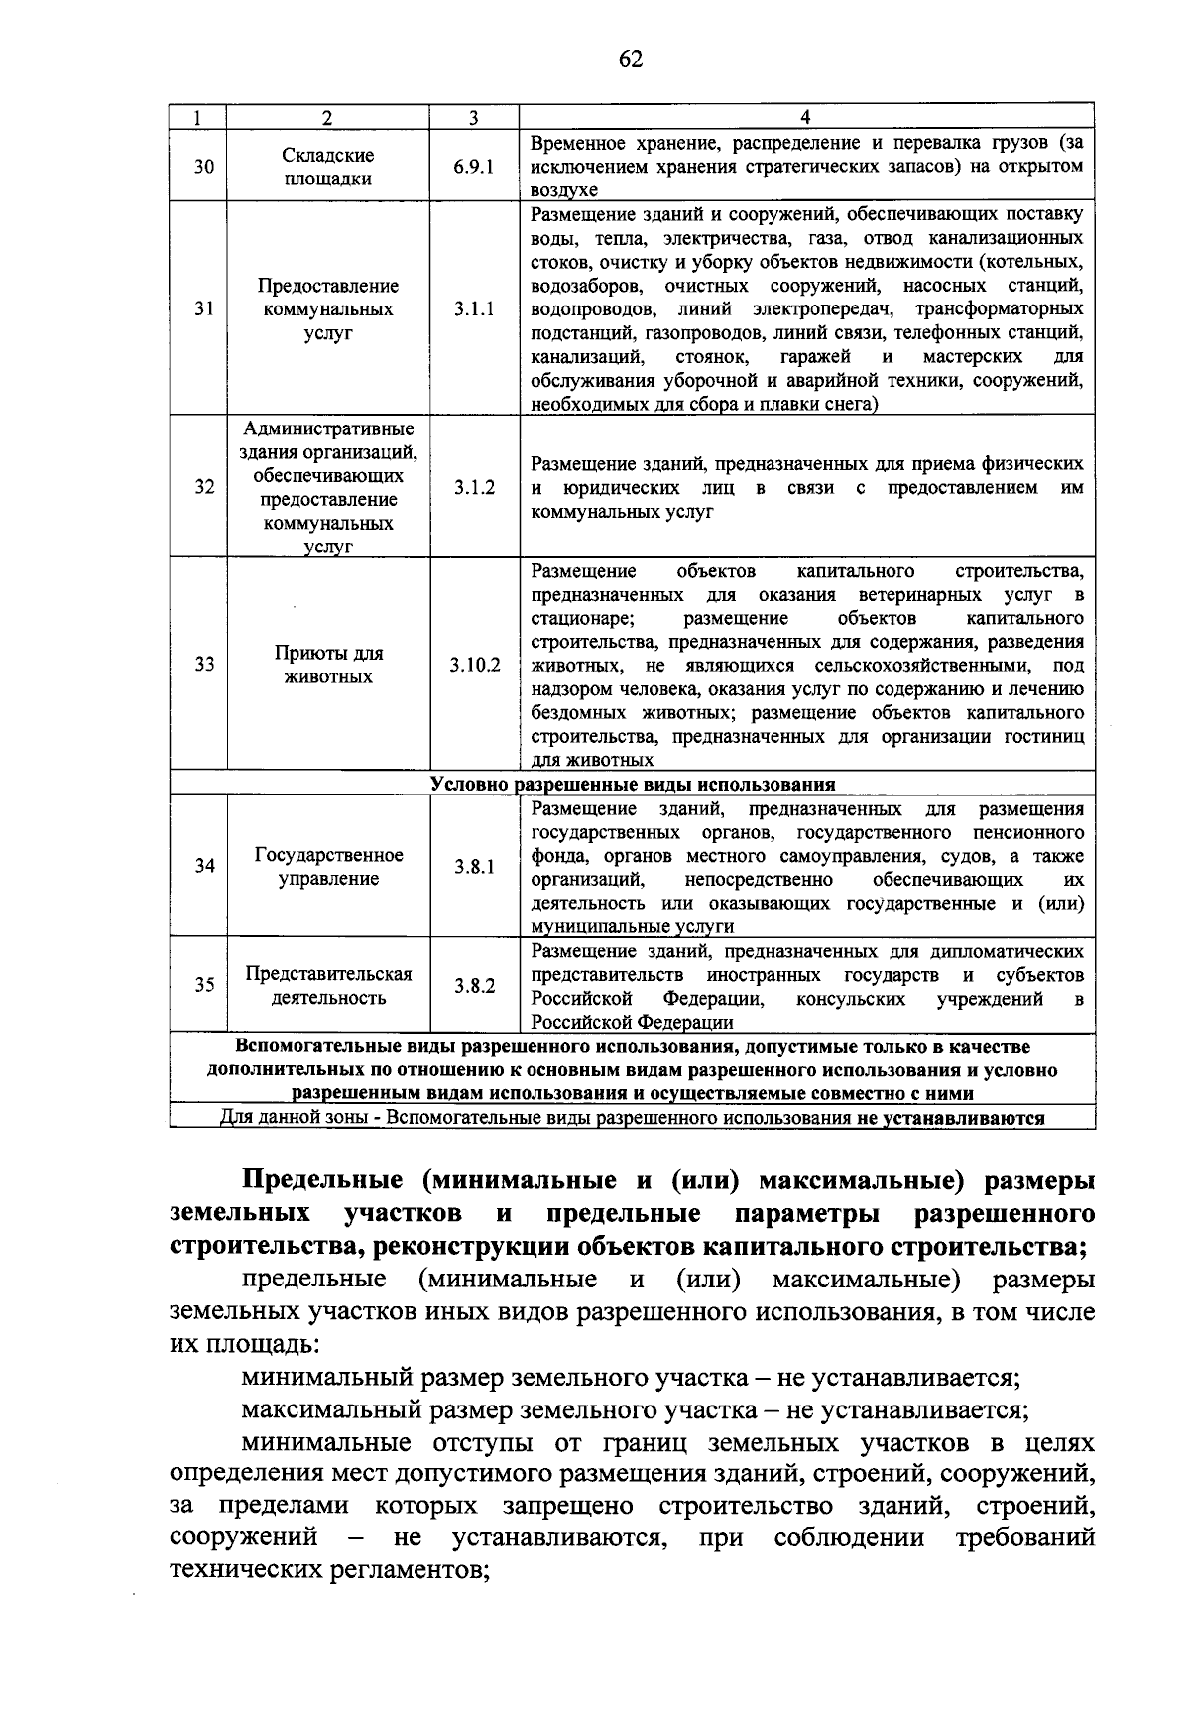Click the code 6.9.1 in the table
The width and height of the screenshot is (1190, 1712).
click(474, 167)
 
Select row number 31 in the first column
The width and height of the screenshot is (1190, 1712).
click(204, 309)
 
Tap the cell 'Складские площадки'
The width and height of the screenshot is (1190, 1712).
click(328, 167)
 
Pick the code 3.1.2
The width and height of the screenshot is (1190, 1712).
click(474, 488)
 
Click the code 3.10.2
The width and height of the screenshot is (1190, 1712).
click(474, 665)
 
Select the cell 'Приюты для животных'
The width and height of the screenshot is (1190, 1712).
click(328, 665)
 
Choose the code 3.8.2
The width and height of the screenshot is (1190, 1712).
click(474, 986)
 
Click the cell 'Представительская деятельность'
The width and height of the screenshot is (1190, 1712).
click(328, 986)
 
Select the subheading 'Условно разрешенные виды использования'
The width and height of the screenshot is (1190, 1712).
click(633, 784)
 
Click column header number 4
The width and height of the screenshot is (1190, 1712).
click(805, 117)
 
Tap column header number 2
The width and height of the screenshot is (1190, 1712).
click(327, 117)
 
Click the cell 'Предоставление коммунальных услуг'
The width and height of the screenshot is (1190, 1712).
click(328, 309)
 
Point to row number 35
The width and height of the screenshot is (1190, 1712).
click(204, 986)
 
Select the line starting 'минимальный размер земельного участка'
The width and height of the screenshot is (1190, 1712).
click(631, 1378)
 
